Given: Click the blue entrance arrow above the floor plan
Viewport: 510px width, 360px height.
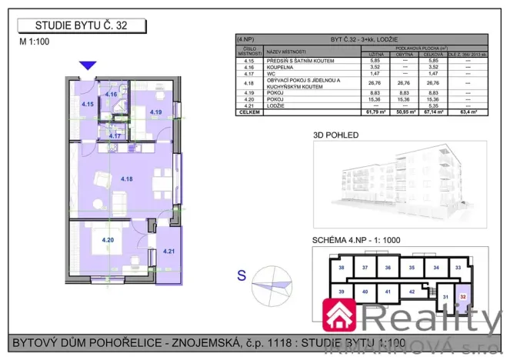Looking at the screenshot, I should point(89,66).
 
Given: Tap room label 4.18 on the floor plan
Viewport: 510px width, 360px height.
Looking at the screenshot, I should point(127,178).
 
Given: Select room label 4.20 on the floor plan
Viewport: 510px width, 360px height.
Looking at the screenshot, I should point(108,240).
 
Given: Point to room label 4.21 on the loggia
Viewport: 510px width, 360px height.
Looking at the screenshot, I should point(169,250).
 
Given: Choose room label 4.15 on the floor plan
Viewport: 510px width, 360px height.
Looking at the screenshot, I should point(88,104).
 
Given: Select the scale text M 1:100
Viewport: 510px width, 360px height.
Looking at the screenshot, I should point(35,43).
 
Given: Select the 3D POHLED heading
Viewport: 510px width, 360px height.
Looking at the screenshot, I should point(335,134).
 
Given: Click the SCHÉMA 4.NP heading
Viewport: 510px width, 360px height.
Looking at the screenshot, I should point(355,240).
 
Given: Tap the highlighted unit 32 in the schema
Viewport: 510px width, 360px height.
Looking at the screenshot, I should point(464,293).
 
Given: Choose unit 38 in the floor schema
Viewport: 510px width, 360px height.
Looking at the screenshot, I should point(341,267).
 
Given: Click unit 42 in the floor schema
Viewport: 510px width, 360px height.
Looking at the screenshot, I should point(412,292).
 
